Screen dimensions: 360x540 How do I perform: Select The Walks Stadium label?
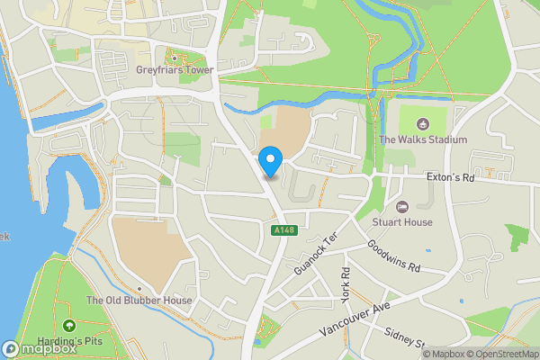click(422, 139)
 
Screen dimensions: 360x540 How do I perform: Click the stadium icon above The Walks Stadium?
click(422, 123)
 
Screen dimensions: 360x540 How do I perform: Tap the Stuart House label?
click(402, 221)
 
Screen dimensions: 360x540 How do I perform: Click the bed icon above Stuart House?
click(402, 206)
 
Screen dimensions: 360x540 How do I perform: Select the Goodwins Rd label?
click(395, 256)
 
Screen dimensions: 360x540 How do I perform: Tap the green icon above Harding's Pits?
click(69, 325)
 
